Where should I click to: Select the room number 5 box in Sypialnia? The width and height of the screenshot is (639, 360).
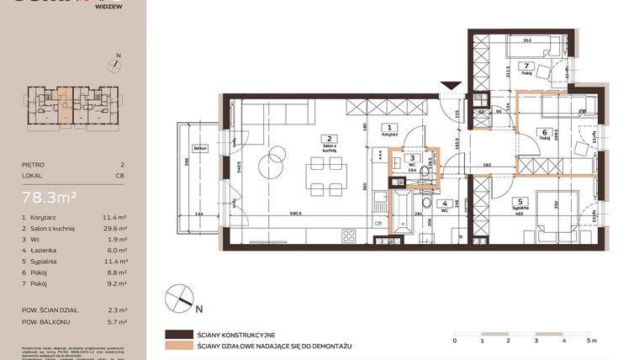click(x=520, y=202)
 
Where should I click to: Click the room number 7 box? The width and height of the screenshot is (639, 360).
click(x=526, y=66)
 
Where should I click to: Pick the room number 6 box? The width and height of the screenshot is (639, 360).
click(x=545, y=132)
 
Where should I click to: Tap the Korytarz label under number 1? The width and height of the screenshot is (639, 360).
click(x=388, y=134)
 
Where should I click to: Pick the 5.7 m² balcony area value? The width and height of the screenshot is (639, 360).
click(x=118, y=321)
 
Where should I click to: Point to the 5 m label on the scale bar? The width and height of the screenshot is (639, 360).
click(x=592, y=341)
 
